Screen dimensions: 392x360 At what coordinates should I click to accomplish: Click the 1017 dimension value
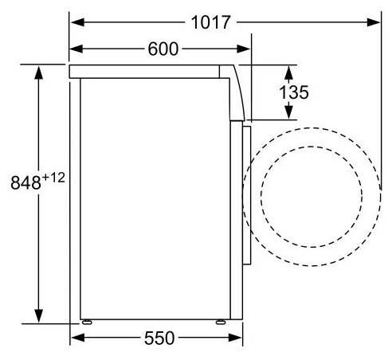(210, 22)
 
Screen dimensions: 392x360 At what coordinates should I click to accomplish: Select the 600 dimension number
(163, 49)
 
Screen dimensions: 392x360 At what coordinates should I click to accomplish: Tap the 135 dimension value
(294, 92)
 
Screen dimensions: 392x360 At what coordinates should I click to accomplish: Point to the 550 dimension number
(159, 338)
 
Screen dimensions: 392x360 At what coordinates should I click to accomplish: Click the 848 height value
(25, 182)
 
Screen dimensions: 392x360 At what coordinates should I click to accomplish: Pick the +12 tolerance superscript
(53, 178)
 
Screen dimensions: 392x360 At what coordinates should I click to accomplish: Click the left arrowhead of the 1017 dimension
(77, 22)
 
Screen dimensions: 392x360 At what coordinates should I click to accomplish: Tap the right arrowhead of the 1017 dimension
(374, 22)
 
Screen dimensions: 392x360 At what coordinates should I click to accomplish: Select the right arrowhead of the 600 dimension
(243, 49)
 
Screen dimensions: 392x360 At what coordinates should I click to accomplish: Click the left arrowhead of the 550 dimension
(77, 338)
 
